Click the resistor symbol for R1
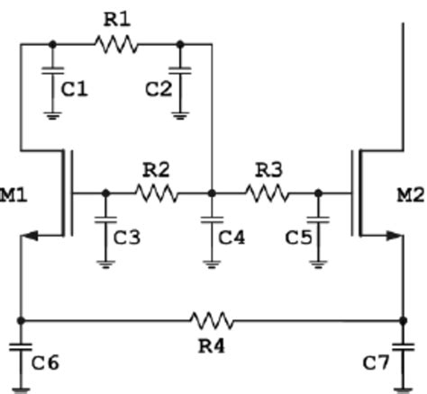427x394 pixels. click(116, 43)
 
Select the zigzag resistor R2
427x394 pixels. click(157, 193)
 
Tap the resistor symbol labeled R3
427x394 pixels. click(267, 193)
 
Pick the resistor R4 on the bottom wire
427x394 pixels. click(212, 320)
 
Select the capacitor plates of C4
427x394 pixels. click(211, 221)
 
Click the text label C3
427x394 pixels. click(129, 237)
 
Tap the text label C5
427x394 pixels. click(296, 237)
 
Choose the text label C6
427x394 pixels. click(46, 363)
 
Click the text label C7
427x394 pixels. click(377, 363)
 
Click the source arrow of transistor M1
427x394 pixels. click(31, 236)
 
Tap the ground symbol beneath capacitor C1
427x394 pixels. click(52, 113)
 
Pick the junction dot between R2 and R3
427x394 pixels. click(211, 193)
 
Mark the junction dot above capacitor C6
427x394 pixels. click(20, 320)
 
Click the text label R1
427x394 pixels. click(117, 18)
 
